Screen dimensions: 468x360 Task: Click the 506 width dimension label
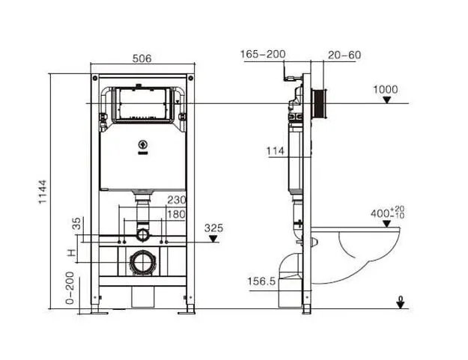(142, 58)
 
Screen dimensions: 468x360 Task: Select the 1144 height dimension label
(43, 192)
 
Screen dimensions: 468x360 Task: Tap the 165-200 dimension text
(263, 55)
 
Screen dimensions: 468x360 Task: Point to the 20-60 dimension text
(344, 55)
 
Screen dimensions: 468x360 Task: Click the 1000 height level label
(386, 90)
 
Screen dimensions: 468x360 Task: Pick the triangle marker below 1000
(387, 100)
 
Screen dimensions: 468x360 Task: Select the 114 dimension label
(276, 151)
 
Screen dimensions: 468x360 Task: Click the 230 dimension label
(177, 200)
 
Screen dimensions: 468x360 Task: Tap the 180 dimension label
(176, 214)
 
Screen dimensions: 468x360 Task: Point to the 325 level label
(213, 228)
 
